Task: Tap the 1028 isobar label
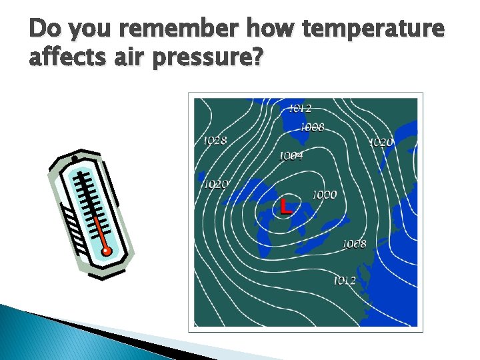coord(215,140)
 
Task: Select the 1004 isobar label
coord(291,155)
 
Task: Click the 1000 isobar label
coord(325,195)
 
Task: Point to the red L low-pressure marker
coord(286,206)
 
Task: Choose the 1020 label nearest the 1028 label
coord(215,184)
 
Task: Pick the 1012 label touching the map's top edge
coord(300,108)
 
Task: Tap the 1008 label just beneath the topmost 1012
coord(312,127)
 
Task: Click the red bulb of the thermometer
coord(106,251)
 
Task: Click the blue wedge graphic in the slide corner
coord(40,333)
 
